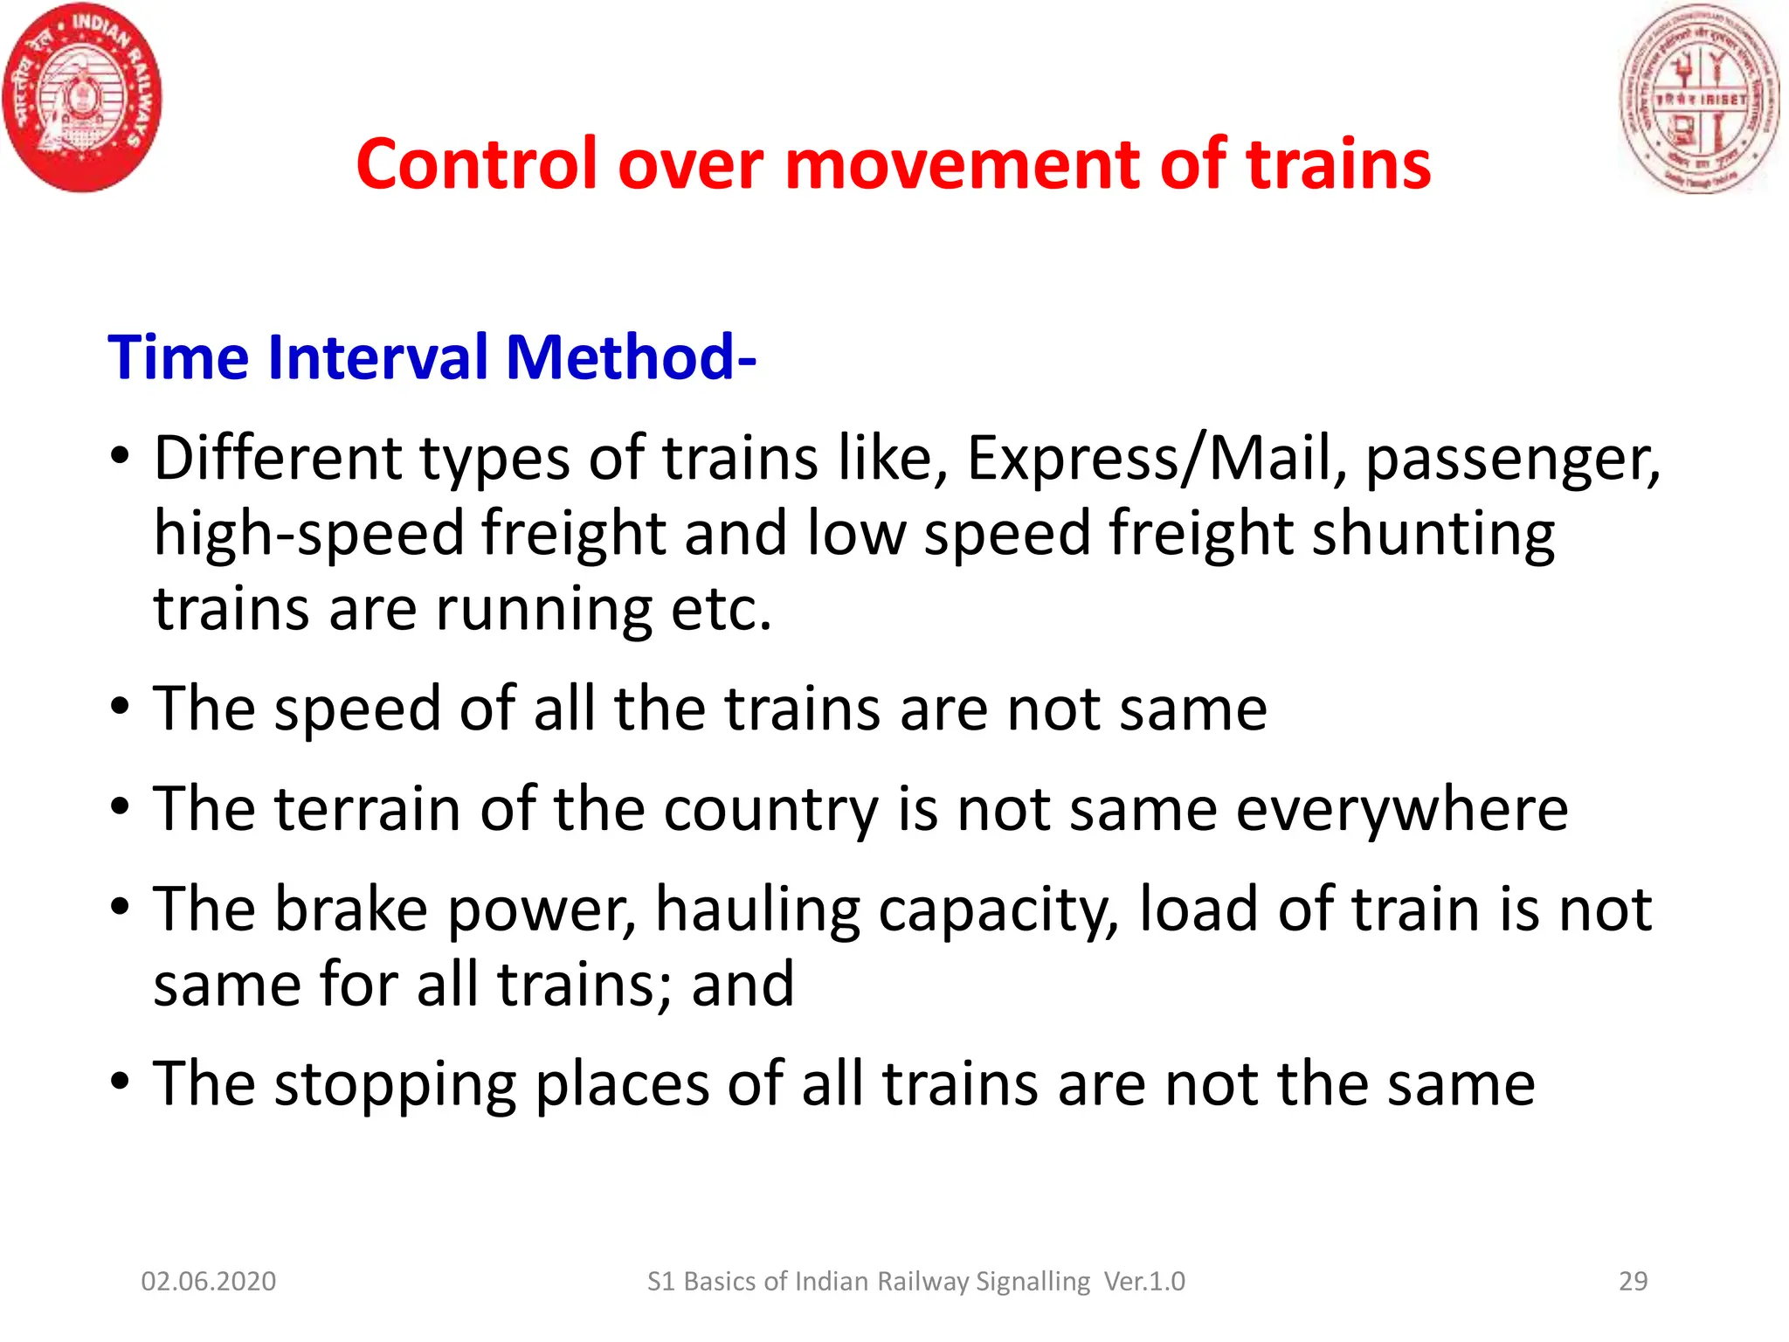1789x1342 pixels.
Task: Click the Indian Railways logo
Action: [x=82, y=98]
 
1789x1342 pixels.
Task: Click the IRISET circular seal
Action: [x=1699, y=98]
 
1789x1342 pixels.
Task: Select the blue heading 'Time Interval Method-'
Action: [x=432, y=357]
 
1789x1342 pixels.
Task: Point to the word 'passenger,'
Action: [x=1512, y=460]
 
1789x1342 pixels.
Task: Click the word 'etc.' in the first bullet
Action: [x=722, y=609]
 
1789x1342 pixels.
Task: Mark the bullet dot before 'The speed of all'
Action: [x=121, y=706]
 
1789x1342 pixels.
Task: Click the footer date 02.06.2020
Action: [x=209, y=1281]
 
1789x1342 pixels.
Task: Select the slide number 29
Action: [x=1633, y=1281]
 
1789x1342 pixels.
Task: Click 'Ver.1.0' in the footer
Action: [x=1144, y=1281]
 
